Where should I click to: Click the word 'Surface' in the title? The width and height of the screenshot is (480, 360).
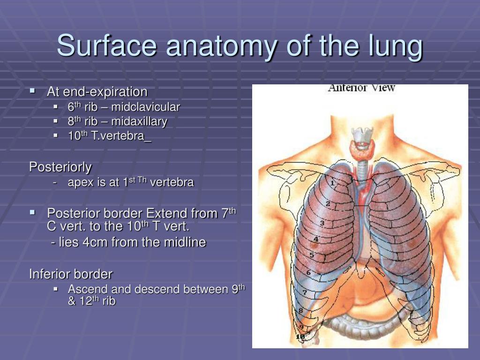click(x=107, y=45)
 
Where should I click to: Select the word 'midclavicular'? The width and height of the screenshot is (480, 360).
click(x=145, y=107)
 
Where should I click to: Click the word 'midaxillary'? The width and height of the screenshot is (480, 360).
click(x=139, y=121)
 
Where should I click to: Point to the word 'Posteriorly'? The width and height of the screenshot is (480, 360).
click(x=60, y=167)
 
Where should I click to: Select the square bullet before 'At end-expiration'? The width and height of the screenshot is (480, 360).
click(x=32, y=90)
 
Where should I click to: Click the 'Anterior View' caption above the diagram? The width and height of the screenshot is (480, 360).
click(x=361, y=88)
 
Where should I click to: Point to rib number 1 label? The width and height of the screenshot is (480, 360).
click(x=332, y=183)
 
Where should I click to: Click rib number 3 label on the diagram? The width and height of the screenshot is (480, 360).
click(x=322, y=223)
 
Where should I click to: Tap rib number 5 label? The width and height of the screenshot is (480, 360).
click(x=312, y=255)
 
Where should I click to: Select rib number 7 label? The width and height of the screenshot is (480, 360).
click(x=305, y=292)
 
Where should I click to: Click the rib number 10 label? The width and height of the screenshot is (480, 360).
click(x=300, y=337)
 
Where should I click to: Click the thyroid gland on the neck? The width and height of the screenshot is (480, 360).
click(x=363, y=149)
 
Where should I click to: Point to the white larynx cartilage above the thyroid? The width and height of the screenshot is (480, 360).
click(x=362, y=134)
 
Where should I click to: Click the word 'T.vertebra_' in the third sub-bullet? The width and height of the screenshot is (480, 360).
click(x=121, y=135)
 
